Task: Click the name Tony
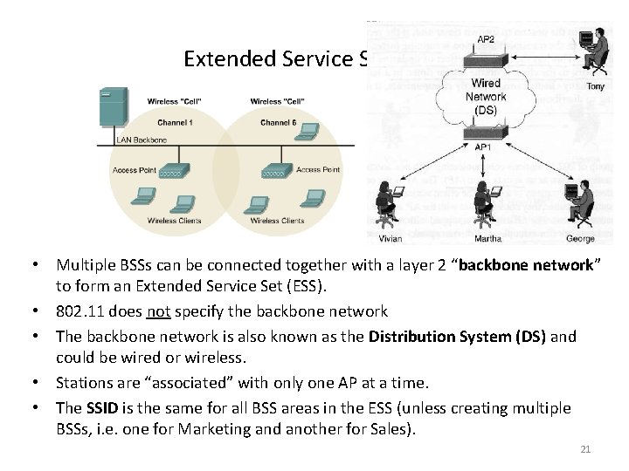point(596,86)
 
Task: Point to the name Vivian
point(391,237)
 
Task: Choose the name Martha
point(487,237)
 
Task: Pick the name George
point(580,237)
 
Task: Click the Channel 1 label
point(176,123)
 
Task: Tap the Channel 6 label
point(279,123)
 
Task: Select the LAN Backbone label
point(142,140)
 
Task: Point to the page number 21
point(585,448)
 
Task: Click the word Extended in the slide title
point(229,59)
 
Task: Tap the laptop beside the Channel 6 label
point(308,131)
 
